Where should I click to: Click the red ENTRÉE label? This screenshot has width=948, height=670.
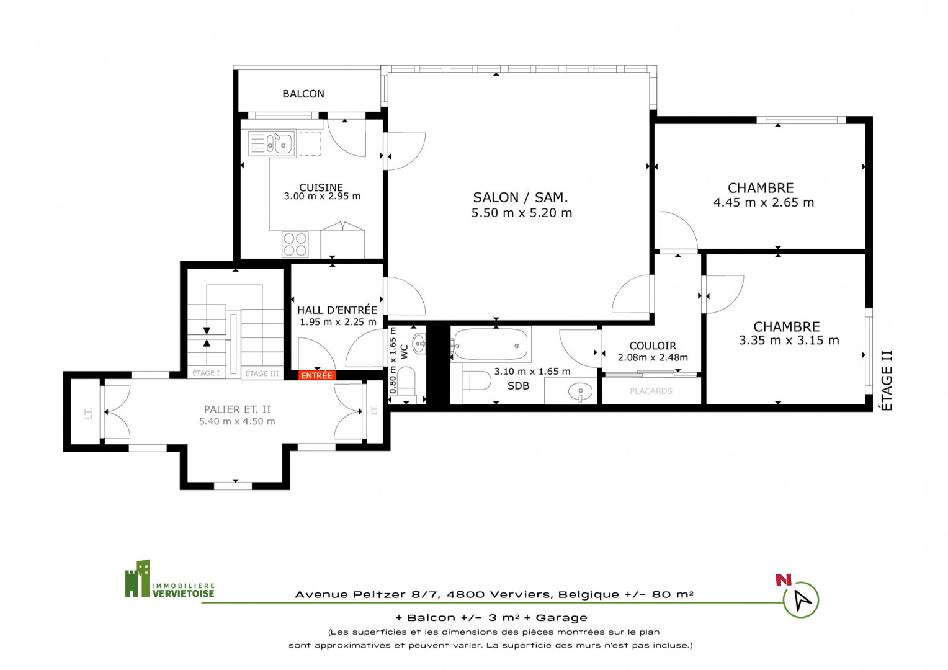point(317,375)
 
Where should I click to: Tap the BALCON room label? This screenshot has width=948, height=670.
point(303,94)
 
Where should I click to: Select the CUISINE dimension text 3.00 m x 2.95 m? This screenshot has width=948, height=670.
point(322,197)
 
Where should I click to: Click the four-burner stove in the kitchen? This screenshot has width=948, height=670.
point(295,244)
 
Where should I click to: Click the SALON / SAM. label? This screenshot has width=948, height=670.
point(520,198)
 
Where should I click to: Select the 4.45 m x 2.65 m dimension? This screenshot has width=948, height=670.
point(764,203)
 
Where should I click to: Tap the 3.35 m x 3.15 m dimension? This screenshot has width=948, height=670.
point(789,341)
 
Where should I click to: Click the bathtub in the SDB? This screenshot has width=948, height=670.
point(490,344)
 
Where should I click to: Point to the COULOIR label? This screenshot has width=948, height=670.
point(653,346)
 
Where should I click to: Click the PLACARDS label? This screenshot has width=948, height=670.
point(651,391)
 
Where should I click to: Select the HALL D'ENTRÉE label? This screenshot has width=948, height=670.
point(337,310)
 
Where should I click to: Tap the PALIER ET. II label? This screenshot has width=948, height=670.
point(237,409)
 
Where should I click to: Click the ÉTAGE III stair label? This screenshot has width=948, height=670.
point(262,373)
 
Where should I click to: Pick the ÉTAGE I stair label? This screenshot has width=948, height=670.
point(206,373)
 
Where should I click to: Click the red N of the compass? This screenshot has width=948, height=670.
point(784,580)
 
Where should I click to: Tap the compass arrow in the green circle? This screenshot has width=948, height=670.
point(802,600)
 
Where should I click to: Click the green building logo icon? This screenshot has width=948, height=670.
point(138,579)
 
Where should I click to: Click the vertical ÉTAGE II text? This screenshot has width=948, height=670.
point(886,380)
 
